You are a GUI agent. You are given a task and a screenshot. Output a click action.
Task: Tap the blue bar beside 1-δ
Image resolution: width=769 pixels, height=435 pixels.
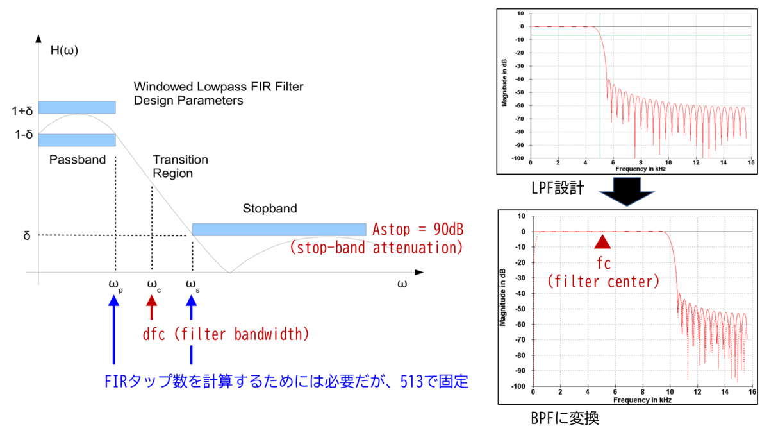click(x=77, y=139)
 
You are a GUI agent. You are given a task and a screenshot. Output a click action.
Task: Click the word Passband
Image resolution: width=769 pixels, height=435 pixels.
click(x=77, y=160)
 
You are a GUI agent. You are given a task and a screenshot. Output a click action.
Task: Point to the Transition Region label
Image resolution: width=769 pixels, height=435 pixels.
click(x=180, y=166)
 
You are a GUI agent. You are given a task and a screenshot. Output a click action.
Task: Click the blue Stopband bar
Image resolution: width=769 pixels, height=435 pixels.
click(x=279, y=229)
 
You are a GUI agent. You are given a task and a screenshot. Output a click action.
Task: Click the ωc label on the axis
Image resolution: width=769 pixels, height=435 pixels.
click(x=154, y=285)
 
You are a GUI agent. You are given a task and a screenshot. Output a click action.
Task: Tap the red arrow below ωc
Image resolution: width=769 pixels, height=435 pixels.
click(x=152, y=307)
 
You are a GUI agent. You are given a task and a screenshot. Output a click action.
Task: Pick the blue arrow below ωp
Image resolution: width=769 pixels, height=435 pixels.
click(x=114, y=327)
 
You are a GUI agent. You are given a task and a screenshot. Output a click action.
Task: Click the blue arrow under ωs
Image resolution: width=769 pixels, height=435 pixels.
click(x=191, y=327)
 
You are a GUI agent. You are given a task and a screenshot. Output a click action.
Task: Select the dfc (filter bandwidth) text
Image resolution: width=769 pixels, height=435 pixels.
click(x=226, y=334)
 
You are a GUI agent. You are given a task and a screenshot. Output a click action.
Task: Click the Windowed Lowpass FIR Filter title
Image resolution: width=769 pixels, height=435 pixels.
click(x=219, y=86)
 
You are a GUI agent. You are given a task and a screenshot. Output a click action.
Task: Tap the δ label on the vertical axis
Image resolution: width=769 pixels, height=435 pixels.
click(x=27, y=236)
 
